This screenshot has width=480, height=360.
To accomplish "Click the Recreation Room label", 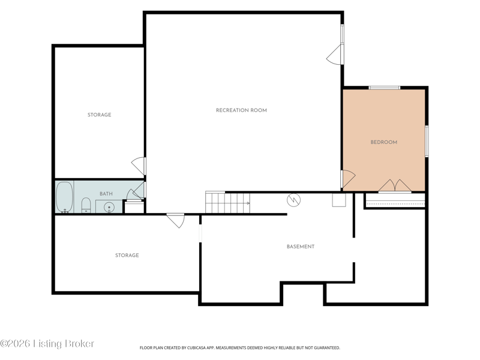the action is tap(241, 110).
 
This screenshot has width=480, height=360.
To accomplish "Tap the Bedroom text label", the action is tap(384, 142).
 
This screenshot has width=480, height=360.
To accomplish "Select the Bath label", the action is tap(106, 194).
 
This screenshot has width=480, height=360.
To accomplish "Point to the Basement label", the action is tap(301, 247).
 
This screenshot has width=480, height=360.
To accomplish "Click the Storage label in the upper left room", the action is tap(99, 115).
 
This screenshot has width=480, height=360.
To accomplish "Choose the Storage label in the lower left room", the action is tap(127, 256).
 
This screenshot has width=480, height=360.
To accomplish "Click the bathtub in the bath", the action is tap(65, 197).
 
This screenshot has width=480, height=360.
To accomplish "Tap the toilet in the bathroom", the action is tap(86, 205).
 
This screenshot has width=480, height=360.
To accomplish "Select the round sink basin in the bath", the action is tap(109, 208).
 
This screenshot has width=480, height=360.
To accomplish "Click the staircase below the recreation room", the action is tap(227, 202).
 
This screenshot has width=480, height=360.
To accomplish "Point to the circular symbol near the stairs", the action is tap(293, 200).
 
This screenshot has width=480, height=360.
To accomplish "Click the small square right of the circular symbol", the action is tap(339, 200).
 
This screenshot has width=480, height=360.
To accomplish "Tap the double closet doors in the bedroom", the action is tap(395, 185).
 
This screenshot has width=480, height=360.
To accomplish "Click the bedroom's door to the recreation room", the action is tap(348, 179).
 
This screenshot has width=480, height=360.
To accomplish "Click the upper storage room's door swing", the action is tap(139, 166).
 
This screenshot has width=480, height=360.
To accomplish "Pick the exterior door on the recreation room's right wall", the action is tap(335, 55).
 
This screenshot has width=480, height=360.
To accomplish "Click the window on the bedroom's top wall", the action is tap(384, 88).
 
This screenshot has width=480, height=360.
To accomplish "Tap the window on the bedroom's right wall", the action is tap(427, 141).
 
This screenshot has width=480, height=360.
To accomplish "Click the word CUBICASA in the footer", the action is tap(197, 348).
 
